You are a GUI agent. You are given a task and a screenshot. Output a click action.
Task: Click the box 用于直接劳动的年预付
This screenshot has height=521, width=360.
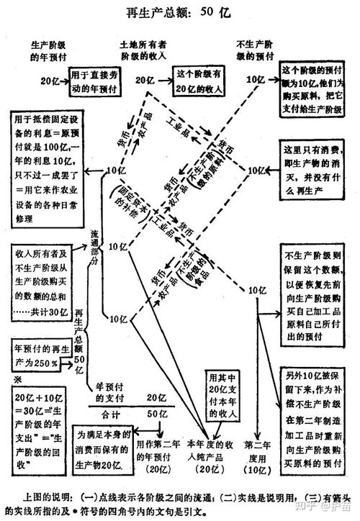[93, 78]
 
